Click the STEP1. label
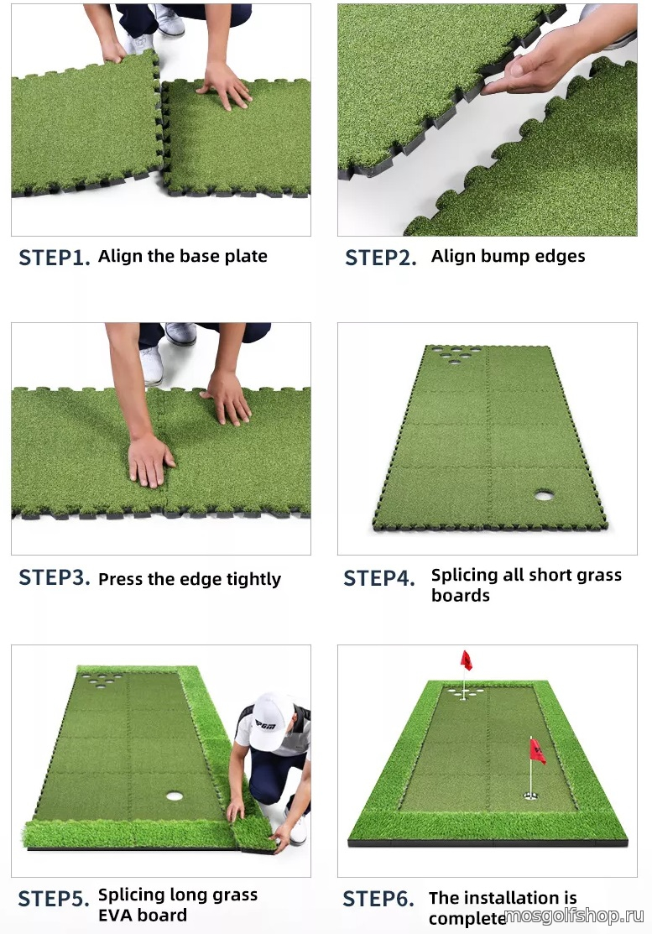[55, 258]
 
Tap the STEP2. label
[380, 258]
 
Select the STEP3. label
[55, 577]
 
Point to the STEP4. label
[379, 578]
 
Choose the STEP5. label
[54, 898]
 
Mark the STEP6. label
[378, 898]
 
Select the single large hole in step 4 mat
[545, 495]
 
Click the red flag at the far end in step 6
[467, 660]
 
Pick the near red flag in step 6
[537, 752]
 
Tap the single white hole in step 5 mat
[175, 796]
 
